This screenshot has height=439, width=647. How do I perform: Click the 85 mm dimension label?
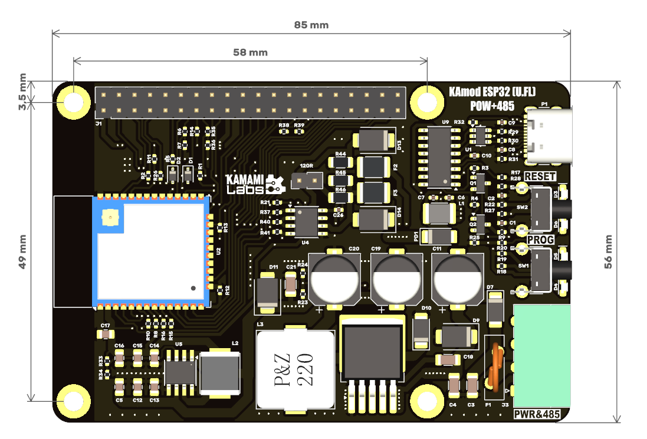click(x=311, y=25)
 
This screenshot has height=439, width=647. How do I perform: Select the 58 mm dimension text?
click(x=250, y=53)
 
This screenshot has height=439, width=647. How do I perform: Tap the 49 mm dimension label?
click(x=22, y=252)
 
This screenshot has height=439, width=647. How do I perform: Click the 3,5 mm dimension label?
click(x=22, y=91)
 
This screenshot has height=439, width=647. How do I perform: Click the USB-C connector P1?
click(x=549, y=136)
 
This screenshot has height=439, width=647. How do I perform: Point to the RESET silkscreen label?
click(x=540, y=176)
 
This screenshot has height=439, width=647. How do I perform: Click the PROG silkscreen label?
click(x=540, y=240)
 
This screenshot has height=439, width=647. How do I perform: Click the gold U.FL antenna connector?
click(x=110, y=218)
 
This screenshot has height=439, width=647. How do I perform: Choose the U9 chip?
click(x=439, y=155)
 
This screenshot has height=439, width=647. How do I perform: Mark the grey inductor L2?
click(x=221, y=374)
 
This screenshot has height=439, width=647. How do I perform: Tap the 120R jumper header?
click(x=307, y=178)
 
